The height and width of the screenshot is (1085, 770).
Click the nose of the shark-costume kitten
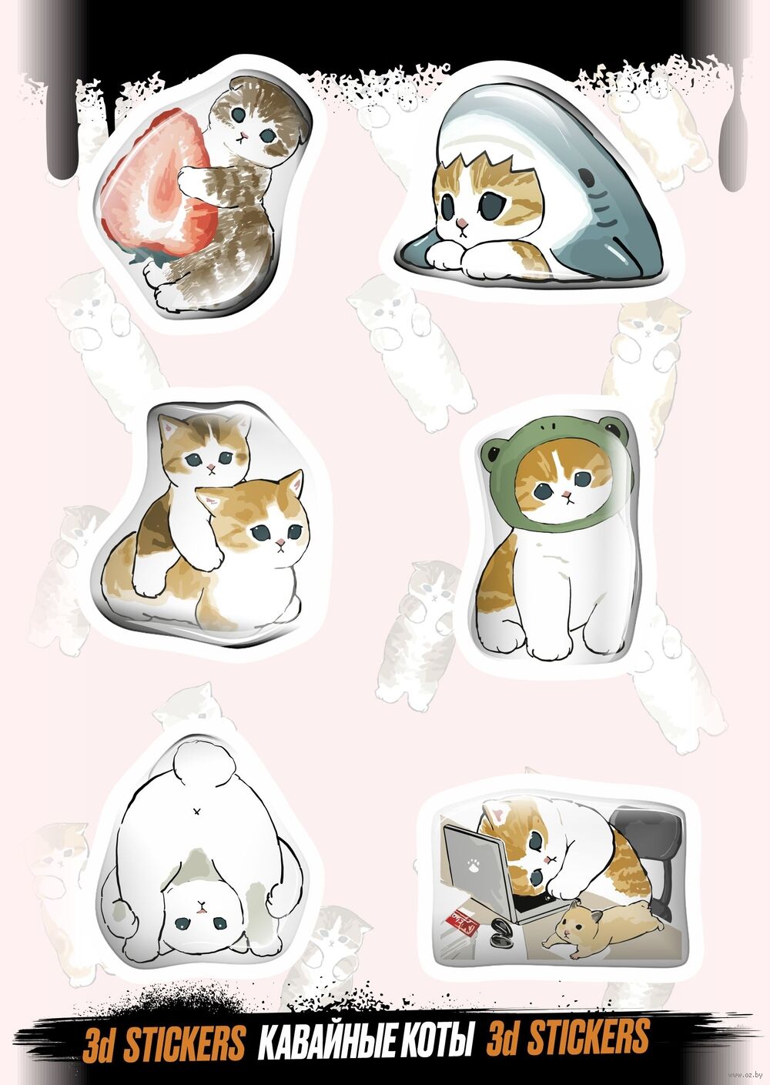click(464, 223)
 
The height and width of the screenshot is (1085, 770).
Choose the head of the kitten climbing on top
click(207, 447)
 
